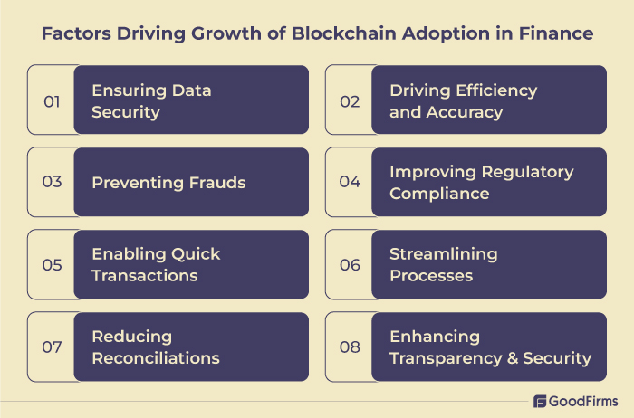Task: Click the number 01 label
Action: point(52,100)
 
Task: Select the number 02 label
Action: point(350,100)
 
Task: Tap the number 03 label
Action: point(52,182)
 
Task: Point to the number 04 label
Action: point(350,182)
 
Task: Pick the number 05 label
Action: point(52,264)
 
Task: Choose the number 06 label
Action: point(350,264)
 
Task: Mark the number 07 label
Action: point(52,347)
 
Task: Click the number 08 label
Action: point(350,347)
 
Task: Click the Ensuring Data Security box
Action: point(191,100)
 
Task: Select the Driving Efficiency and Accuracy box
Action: point(488,100)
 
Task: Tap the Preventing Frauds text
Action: point(168,183)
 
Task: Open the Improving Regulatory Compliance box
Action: point(488,182)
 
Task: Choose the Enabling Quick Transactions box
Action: point(191,264)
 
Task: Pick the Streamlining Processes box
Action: point(488,264)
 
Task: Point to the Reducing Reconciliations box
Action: point(191,347)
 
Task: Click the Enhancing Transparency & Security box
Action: point(488,347)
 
